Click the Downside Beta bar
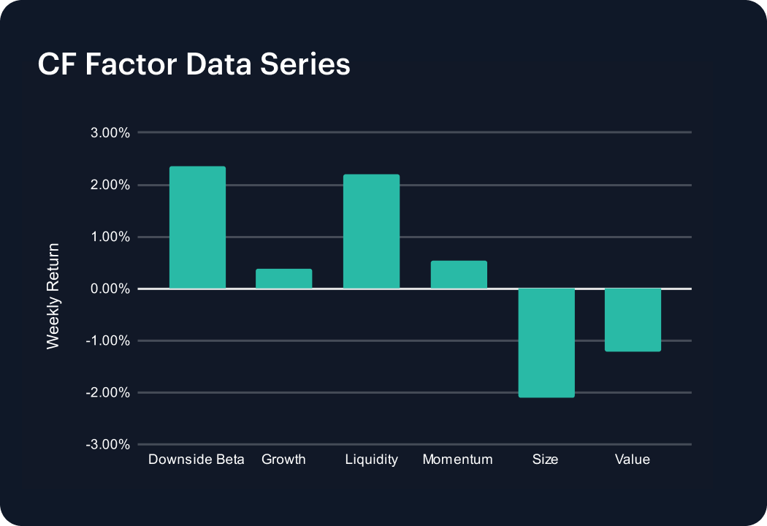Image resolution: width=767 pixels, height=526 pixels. pos(198,227)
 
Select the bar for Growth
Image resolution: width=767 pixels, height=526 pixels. pos(283,279)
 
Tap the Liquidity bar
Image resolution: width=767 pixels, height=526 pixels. pos(371,232)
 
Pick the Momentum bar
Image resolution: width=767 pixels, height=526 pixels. pos(459,275)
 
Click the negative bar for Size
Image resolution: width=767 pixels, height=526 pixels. pos(546,343)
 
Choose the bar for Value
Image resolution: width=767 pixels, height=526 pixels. pos(633,320)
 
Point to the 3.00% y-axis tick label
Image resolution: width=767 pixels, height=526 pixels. pos(110,133)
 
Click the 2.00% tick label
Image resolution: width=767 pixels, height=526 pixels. pos(110,185)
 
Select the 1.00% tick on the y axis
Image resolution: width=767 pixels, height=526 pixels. pos(110,237)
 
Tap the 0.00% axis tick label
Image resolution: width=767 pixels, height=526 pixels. pos(110,289)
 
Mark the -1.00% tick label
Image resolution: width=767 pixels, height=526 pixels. pos(107,340)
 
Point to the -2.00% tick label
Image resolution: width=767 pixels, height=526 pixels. pos(107,392)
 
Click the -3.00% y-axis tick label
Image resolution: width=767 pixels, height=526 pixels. pos(107,444)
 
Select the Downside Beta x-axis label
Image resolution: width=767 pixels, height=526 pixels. pos(196,460)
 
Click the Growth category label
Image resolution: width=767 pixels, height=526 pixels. pos(283,460)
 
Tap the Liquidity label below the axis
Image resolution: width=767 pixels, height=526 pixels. pos(371,460)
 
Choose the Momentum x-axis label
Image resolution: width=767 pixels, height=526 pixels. pos(458,460)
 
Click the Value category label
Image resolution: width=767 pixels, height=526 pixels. pos(633,460)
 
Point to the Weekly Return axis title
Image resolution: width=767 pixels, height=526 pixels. pos(53,296)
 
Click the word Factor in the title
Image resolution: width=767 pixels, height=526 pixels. pos(131,64)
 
